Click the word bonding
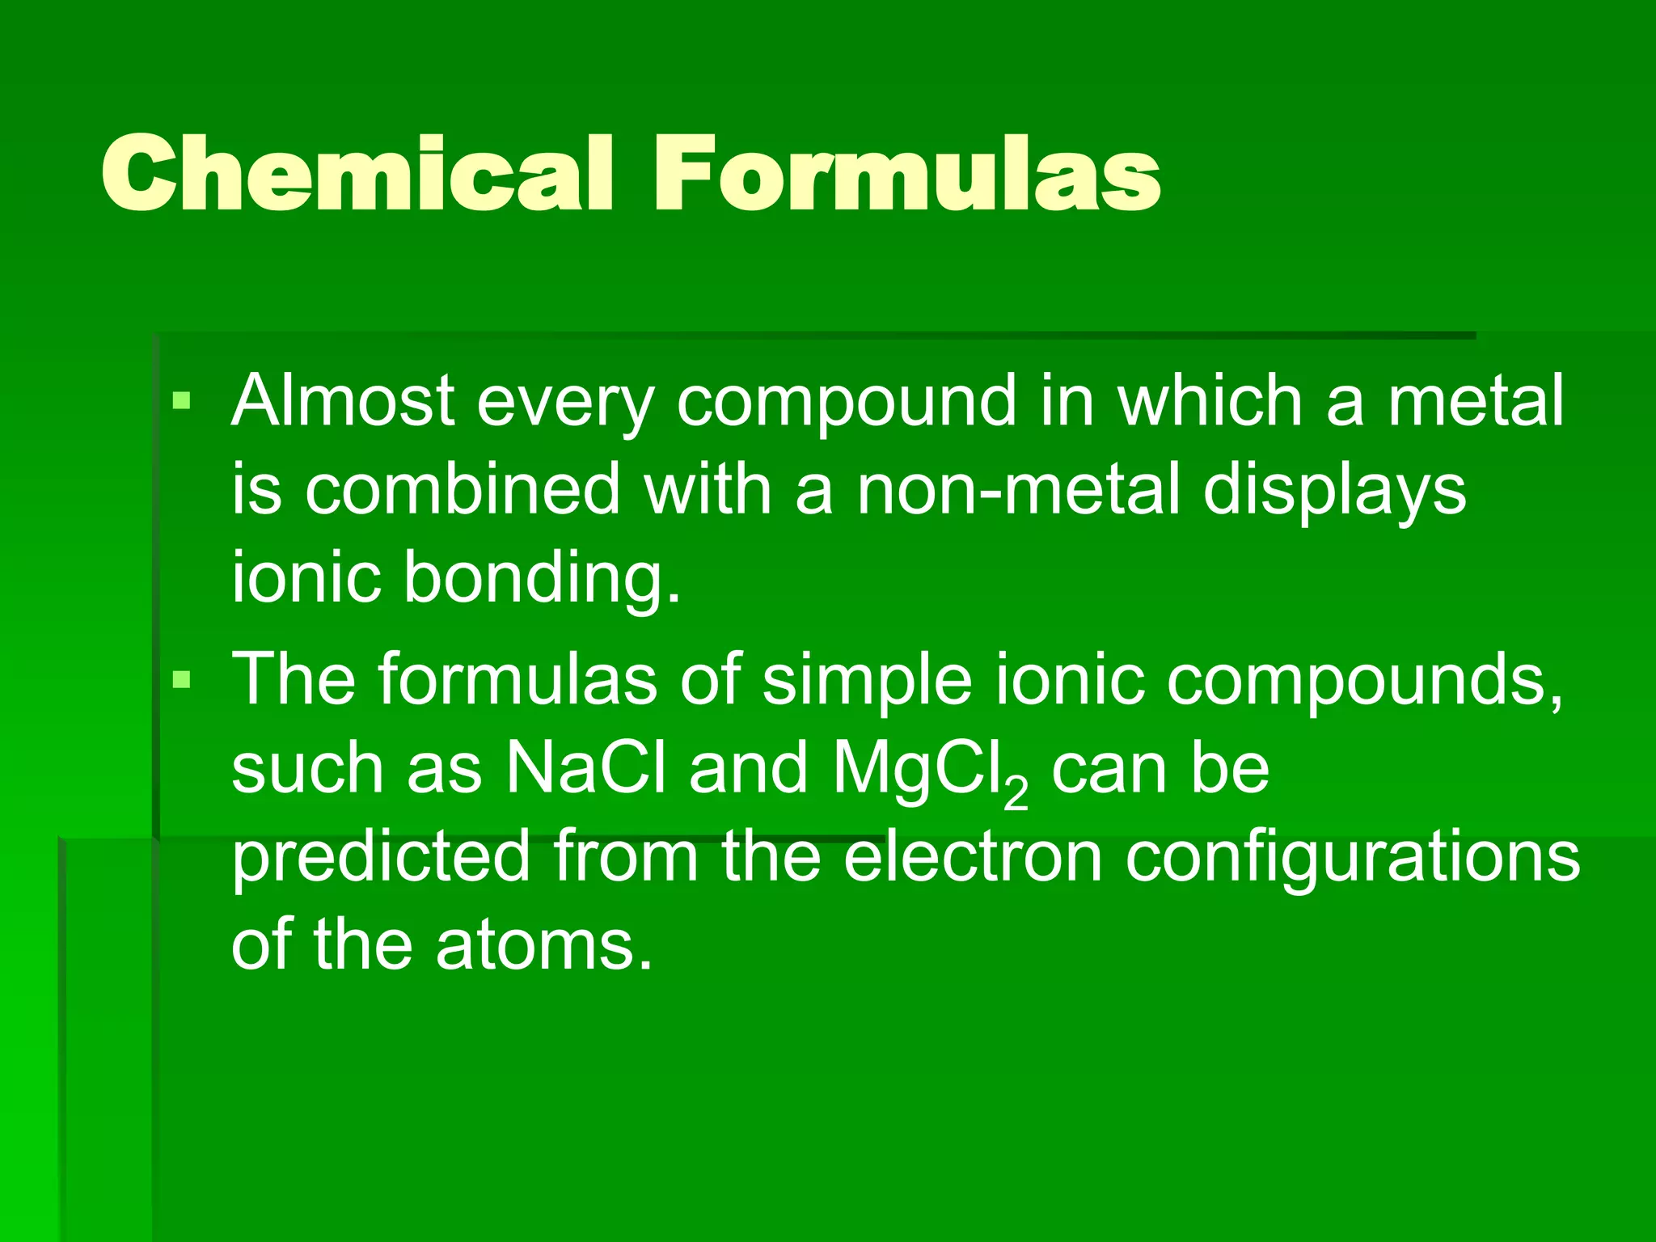click(542, 579)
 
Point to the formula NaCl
click(586, 768)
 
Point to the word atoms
click(543, 945)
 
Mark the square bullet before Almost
click(181, 399)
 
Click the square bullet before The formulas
click(181, 679)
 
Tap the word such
click(307, 768)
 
